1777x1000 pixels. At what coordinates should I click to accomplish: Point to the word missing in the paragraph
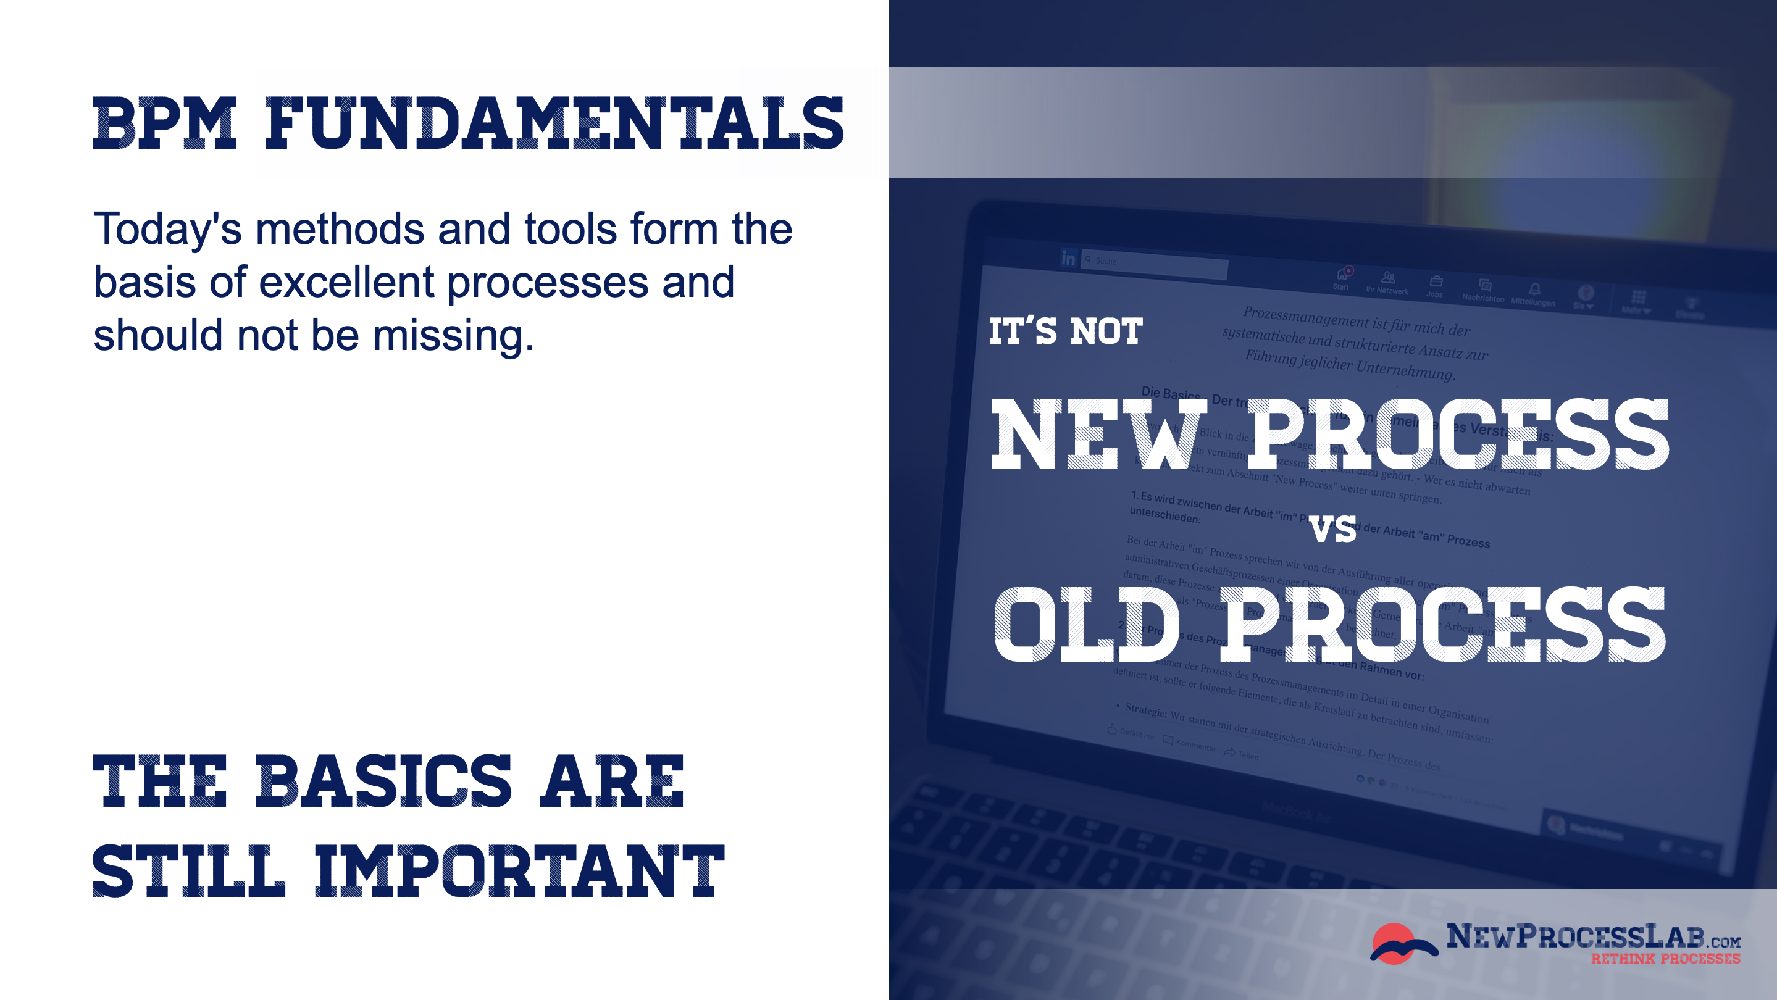click(453, 336)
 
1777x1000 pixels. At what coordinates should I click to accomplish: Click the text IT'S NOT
click(1066, 331)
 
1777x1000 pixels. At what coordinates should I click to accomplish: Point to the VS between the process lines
click(1332, 530)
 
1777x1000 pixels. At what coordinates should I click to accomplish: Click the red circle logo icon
click(1395, 943)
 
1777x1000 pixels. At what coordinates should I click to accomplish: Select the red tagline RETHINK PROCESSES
click(1665, 959)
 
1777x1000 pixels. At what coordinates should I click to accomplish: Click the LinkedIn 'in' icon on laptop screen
click(1069, 258)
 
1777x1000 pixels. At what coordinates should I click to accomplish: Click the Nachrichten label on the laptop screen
click(1482, 298)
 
